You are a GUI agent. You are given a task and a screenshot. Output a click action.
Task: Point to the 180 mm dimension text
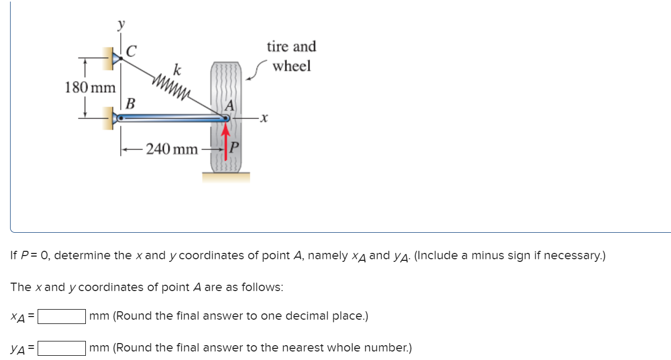tap(90, 87)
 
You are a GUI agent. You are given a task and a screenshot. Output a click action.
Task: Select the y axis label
tap(122, 24)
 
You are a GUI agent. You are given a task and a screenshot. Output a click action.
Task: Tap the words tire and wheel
tap(292, 56)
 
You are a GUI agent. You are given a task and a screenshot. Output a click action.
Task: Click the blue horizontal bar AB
tap(170, 119)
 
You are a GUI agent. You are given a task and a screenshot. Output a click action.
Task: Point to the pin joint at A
tap(226, 119)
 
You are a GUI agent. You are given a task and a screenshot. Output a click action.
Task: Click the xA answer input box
tap(61, 317)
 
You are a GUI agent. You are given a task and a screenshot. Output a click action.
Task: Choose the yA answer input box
tap(61, 348)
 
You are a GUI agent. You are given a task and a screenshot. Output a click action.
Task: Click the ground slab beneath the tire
tap(226, 177)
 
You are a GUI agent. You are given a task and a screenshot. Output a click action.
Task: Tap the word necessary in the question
tap(575, 256)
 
